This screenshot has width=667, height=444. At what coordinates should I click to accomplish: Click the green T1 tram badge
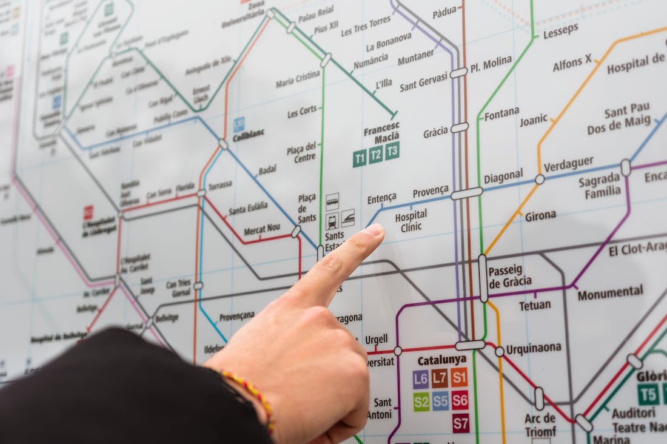tap(360, 159)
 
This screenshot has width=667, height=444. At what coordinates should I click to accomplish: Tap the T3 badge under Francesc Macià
tap(392, 150)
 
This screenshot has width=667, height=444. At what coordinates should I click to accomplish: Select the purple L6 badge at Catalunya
tap(421, 379)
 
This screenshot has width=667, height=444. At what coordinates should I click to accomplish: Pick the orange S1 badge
tap(460, 377)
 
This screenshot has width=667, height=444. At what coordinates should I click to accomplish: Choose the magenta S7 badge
tap(461, 422)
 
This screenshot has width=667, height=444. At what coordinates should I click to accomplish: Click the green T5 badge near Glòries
tap(648, 394)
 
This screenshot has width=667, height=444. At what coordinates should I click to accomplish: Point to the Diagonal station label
tap(503, 177)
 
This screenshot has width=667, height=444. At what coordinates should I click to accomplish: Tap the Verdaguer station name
tap(568, 164)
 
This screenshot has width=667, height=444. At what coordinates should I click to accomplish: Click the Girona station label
tap(540, 215)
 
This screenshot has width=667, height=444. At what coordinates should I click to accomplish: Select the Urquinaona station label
tap(534, 349)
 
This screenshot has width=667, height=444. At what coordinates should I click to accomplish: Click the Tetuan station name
tap(535, 305)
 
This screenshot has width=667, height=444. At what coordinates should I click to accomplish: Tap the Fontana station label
tap(502, 113)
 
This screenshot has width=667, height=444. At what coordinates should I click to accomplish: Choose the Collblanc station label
tap(249, 132)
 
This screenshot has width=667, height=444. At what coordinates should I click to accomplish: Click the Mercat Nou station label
tap(262, 229)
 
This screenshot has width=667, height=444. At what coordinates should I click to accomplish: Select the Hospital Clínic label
tap(411, 221)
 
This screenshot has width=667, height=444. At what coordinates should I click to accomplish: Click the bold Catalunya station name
tap(442, 360)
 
